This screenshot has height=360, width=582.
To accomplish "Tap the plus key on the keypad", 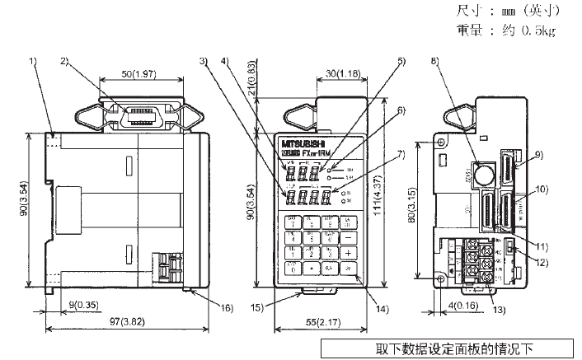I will (349, 252).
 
